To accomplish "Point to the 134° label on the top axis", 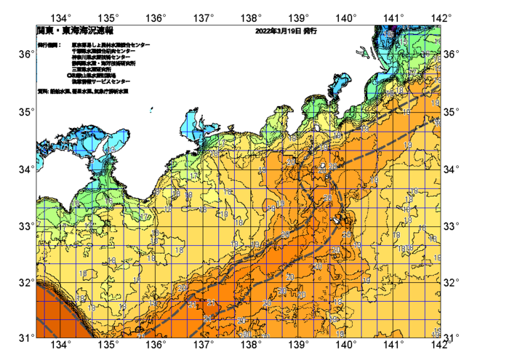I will point(62,17).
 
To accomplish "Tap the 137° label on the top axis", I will point(204,17).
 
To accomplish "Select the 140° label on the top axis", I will point(346,17).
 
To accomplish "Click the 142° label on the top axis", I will point(441,17).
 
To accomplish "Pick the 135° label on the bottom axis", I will point(109,344).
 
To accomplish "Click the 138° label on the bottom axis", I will point(251,344).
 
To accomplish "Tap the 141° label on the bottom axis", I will point(393,344).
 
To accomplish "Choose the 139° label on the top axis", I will point(299,17).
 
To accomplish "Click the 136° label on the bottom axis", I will point(156,344).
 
